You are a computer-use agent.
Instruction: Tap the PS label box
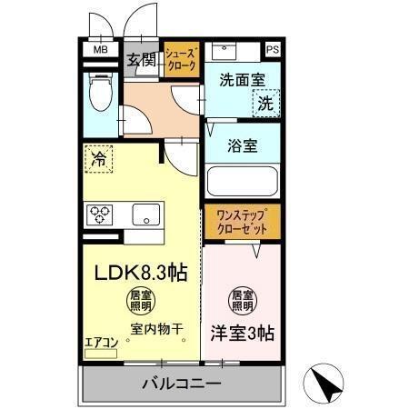click(x=273, y=50)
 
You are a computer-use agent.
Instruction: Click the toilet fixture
click(x=100, y=93)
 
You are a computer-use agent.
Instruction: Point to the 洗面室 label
click(x=241, y=79)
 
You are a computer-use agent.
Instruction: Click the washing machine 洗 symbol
click(x=265, y=104)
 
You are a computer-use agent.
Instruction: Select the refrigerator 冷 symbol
click(x=99, y=159)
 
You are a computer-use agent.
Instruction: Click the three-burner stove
click(x=99, y=214)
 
